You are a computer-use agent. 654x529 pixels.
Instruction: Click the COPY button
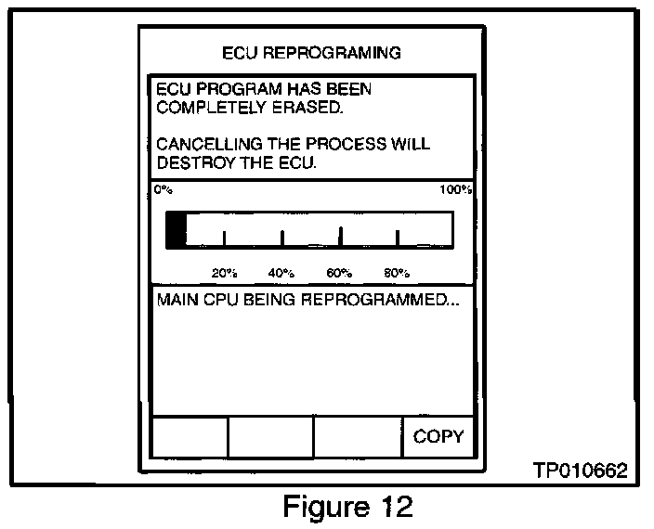(438, 436)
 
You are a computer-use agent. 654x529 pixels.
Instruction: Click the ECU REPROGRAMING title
(312, 52)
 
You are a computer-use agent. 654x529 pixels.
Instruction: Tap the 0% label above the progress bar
(163, 189)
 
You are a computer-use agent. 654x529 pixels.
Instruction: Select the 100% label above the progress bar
(456, 189)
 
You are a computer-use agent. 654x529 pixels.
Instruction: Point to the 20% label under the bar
(224, 273)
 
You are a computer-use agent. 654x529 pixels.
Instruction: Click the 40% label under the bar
(281, 273)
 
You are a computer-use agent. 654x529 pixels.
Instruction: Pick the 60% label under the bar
(339, 273)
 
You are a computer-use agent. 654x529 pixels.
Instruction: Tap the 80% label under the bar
(397, 273)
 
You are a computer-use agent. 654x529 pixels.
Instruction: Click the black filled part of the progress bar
(176, 230)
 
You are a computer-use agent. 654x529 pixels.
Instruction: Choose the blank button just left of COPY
(358, 436)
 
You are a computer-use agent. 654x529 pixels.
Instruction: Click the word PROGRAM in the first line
(227, 90)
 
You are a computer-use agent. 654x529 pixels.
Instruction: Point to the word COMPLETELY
(199, 108)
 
